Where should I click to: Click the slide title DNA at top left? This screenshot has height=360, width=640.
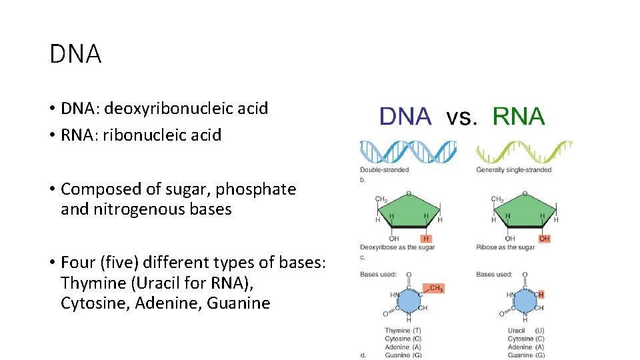(75, 55)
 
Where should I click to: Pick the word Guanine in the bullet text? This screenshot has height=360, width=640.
(238, 303)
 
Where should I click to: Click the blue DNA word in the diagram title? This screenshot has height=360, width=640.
(405, 117)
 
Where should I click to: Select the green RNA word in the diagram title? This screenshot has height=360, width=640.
(518, 117)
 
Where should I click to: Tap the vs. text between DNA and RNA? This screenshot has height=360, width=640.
(461, 118)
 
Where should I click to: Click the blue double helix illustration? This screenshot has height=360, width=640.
(408, 151)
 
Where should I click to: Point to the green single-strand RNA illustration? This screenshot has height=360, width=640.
(524, 151)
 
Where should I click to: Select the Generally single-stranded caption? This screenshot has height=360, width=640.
(513, 170)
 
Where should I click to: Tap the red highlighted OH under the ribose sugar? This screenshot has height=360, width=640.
(544, 239)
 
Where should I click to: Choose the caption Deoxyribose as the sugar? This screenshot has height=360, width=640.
(397, 248)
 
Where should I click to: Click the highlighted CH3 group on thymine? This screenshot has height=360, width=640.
(436, 289)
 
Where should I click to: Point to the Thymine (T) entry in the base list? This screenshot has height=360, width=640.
(403, 331)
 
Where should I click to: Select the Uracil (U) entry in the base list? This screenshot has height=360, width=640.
(525, 331)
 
